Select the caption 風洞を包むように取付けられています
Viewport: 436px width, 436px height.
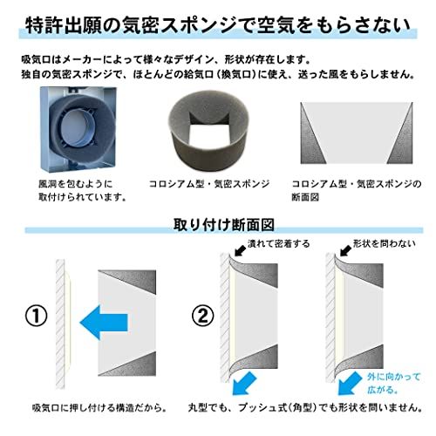(84, 190)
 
